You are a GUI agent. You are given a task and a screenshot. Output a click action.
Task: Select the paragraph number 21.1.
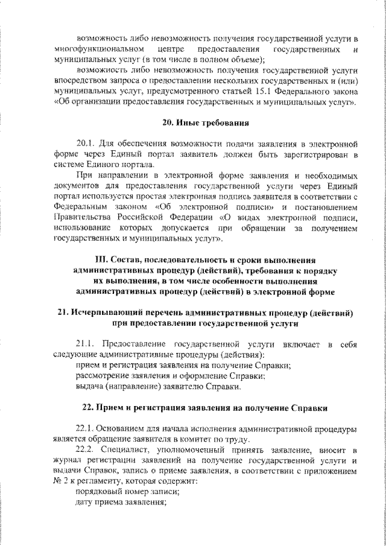coord(87,344)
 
